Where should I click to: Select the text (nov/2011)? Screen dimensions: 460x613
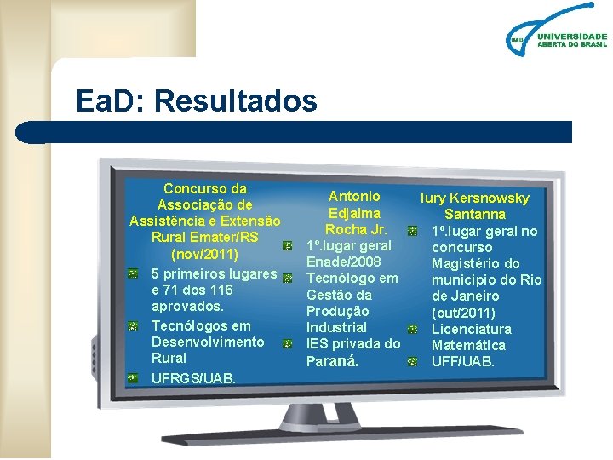click(x=205, y=254)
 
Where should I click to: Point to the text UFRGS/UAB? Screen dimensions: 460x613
click(x=193, y=377)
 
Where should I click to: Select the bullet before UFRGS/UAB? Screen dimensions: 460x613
click(x=133, y=377)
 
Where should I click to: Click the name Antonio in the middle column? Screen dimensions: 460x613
click(x=354, y=197)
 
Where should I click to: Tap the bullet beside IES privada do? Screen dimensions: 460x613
click(x=288, y=344)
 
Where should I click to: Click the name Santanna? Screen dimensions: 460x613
click(x=475, y=215)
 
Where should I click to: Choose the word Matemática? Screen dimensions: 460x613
click(x=468, y=345)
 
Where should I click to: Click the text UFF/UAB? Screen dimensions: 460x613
click(x=462, y=361)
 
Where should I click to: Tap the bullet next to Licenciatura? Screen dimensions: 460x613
click(x=412, y=329)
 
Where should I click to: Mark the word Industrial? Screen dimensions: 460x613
click(x=336, y=327)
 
